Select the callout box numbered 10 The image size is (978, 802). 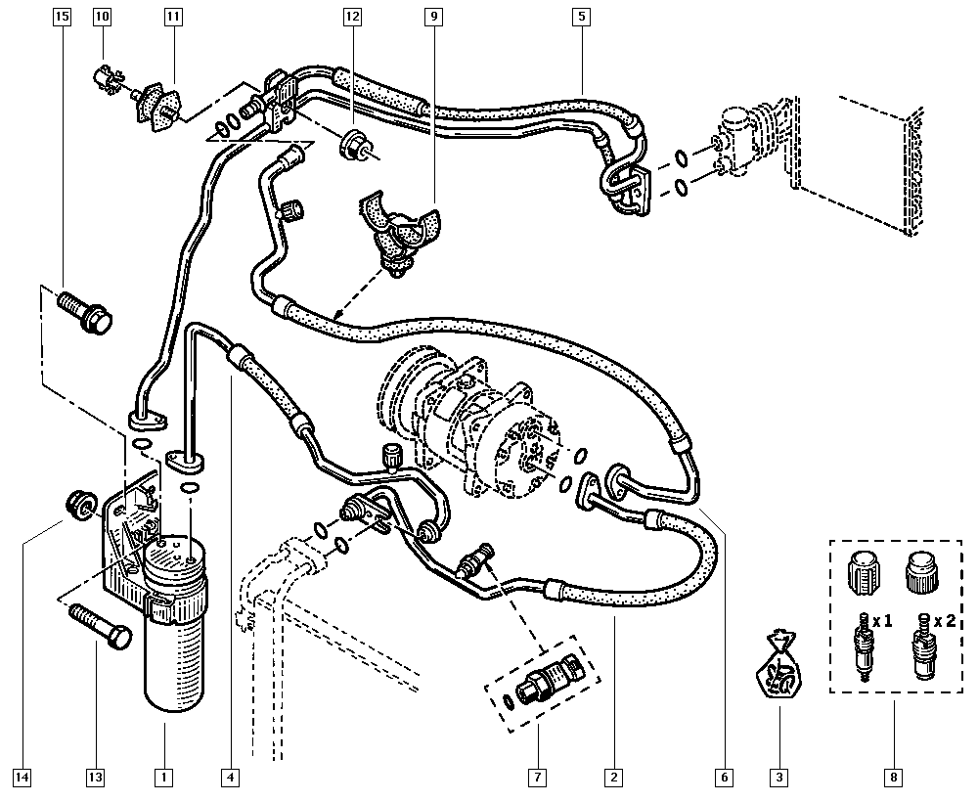(103, 17)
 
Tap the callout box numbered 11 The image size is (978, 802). (173, 17)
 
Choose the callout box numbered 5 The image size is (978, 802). (582, 17)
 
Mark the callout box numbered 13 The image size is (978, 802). (95, 778)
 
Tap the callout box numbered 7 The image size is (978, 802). (537, 778)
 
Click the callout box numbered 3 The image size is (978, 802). (779, 778)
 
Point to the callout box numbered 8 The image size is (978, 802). (894, 778)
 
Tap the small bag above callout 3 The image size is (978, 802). (779, 669)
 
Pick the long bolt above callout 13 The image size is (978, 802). (101, 626)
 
